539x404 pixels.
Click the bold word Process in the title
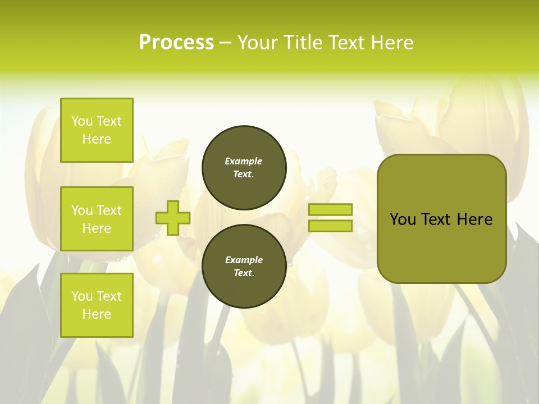(x=176, y=42)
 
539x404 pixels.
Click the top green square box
(x=97, y=130)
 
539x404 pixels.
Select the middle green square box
(x=97, y=219)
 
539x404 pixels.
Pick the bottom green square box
(x=97, y=305)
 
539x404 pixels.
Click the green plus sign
(x=173, y=218)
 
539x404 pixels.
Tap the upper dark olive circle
(x=244, y=168)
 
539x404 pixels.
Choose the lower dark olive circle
(x=244, y=266)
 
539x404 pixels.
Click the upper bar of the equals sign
(x=331, y=210)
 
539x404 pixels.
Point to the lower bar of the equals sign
(x=331, y=226)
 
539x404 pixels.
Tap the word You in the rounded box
(x=403, y=219)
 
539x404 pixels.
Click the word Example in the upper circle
(x=244, y=161)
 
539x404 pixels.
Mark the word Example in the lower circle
(x=244, y=260)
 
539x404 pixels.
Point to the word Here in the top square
(x=97, y=139)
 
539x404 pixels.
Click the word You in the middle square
(x=82, y=210)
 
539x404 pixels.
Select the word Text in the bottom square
(x=109, y=296)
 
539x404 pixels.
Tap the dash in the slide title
(x=226, y=43)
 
